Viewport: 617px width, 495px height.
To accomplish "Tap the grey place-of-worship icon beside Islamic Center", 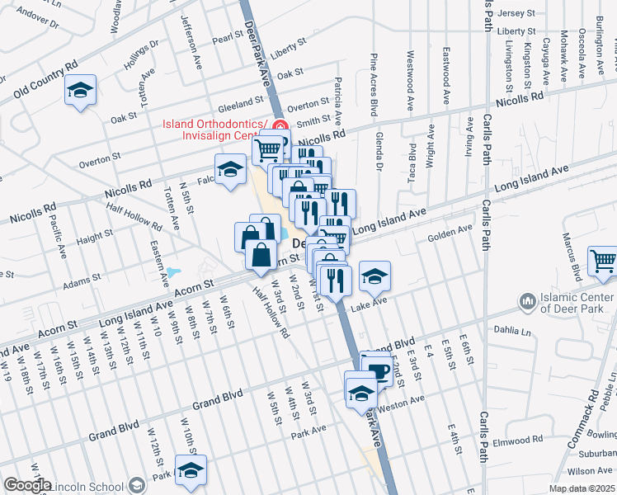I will [x=526, y=304].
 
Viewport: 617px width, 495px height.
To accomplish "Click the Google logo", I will [x=27, y=485].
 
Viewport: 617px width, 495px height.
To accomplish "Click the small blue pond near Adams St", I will [x=173, y=272].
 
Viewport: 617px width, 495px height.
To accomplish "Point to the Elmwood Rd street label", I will [x=515, y=441].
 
